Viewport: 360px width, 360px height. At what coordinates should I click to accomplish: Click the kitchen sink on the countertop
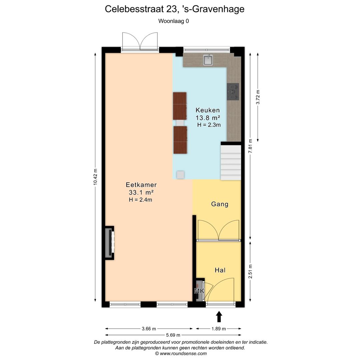(208, 60)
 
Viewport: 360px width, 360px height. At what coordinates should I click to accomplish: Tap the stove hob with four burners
(233, 92)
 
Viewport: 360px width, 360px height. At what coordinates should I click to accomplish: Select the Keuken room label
(208, 110)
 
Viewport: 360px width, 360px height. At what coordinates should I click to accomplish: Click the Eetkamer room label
(141, 185)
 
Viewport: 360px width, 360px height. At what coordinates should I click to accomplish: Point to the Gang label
(220, 204)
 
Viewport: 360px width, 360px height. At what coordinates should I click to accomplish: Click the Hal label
(220, 270)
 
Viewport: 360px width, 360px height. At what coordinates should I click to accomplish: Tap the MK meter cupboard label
(199, 291)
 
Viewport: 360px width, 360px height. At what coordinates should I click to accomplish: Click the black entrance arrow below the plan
(219, 317)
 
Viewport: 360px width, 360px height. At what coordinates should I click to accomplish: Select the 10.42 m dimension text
(95, 177)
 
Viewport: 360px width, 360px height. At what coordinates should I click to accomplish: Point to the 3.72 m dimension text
(257, 97)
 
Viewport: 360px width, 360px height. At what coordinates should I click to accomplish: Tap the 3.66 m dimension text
(149, 329)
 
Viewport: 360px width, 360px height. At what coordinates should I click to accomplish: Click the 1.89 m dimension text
(219, 329)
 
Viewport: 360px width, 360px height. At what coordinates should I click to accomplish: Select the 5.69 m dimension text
(173, 335)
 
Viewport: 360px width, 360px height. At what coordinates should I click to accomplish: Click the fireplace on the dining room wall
(109, 243)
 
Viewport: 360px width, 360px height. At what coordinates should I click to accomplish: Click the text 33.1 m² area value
(141, 192)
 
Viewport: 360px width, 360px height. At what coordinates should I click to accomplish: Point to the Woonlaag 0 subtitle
(173, 21)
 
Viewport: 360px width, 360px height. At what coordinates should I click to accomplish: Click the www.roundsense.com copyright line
(181, 354)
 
